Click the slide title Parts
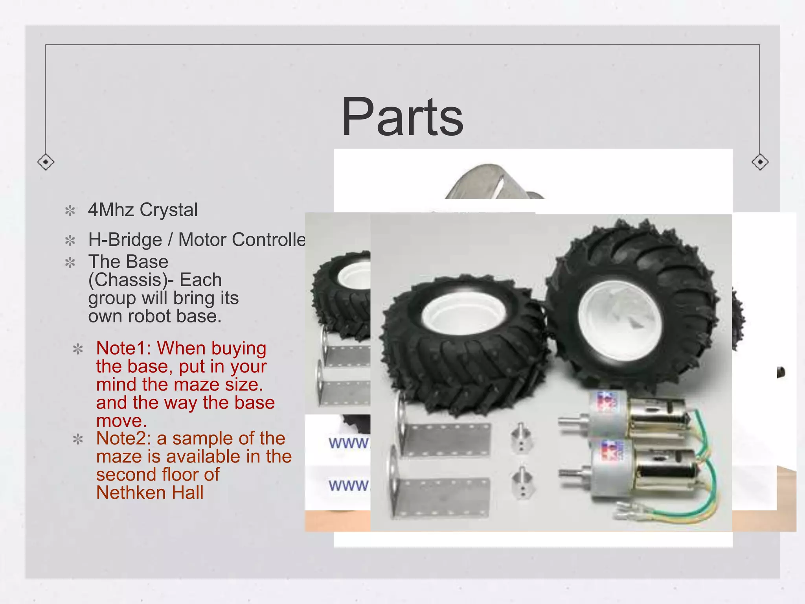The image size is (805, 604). [402, 117]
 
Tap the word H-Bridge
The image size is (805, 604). [125, 239]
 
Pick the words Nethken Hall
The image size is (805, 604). [150, 493]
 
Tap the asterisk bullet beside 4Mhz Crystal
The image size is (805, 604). [70, 211]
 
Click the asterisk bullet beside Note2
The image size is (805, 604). [78, 439]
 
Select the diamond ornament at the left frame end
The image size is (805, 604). [46, 162]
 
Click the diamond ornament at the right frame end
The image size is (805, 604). [760, 162]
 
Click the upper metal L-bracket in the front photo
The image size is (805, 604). [444, 438]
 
